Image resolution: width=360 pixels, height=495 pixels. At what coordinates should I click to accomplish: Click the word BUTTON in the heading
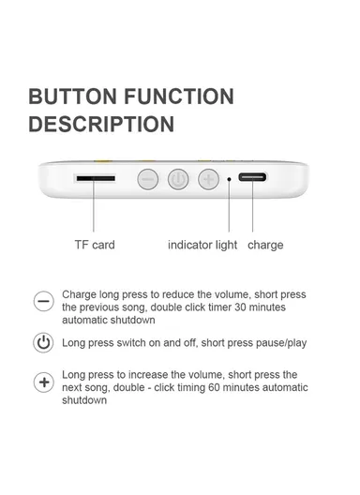tap(70, 97)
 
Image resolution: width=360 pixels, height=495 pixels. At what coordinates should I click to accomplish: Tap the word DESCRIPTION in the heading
tap(101, 124)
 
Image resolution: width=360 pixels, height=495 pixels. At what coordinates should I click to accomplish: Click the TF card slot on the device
tap(95, 177)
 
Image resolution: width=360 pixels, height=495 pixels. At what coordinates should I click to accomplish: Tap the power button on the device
tap(178, 178)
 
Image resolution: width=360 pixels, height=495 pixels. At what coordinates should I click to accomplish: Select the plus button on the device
tap(208, 178)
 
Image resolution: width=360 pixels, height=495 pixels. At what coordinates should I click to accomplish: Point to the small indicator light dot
tap(230, 178)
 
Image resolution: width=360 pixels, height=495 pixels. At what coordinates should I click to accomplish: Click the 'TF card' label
tap(95, 245)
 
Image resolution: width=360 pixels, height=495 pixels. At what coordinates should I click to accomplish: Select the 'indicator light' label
tap(202, 245)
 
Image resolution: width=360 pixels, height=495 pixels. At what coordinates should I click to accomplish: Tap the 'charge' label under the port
tap(265, 245)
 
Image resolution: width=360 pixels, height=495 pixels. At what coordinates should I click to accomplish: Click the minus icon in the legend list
tap(43, 301)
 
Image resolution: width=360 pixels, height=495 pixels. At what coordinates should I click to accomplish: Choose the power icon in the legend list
tap(43, 342)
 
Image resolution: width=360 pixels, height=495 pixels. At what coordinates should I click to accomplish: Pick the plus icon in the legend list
tap(43, 382)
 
